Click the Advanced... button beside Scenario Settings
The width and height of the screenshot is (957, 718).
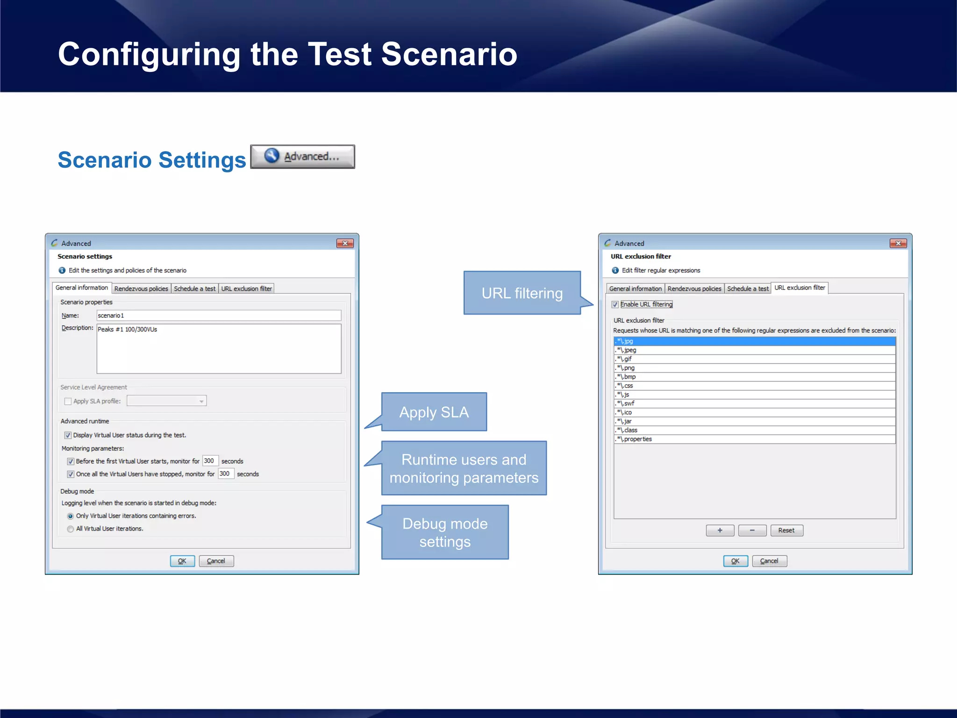(302, 157)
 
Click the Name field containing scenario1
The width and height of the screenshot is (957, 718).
(218, 316)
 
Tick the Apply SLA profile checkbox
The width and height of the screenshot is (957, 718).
(68, 401)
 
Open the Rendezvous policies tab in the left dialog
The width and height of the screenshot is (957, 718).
(141, 288)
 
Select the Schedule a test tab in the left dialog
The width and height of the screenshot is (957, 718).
(194, 288)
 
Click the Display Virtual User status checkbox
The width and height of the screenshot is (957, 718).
(68, 435)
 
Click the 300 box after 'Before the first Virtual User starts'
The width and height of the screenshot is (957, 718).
(210, 461)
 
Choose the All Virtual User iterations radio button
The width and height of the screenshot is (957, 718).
(71, 529)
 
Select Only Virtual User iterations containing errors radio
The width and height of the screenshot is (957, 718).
(71, 516)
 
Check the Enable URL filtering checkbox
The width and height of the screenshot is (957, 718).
(615, 304)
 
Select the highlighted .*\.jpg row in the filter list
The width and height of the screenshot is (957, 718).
(754, 341)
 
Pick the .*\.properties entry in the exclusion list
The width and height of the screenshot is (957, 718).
(754, 439)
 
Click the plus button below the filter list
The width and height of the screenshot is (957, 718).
(720, 530)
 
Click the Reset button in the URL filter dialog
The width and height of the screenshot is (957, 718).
(786, 530)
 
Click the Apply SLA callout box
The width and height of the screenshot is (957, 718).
(434, 412)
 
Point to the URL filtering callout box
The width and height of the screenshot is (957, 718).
(522, 293)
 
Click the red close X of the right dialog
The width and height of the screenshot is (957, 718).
(898, 243)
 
